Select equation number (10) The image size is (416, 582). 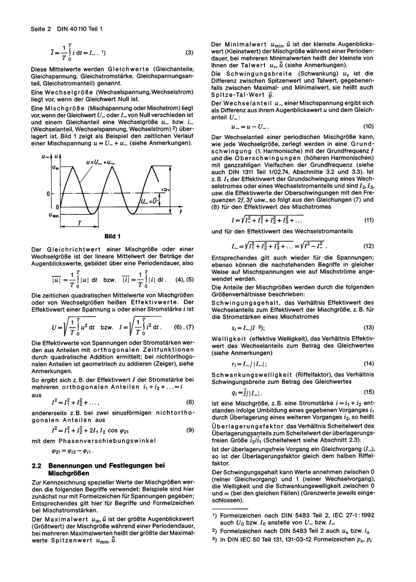(x=368, y=126)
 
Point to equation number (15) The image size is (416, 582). (x=369, y=392)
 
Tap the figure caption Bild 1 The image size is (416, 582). (x=113, y=236)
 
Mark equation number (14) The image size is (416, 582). (x=369, y=364)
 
